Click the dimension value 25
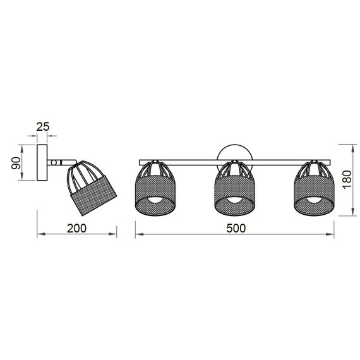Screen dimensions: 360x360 43,128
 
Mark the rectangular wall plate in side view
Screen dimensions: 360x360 43,164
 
